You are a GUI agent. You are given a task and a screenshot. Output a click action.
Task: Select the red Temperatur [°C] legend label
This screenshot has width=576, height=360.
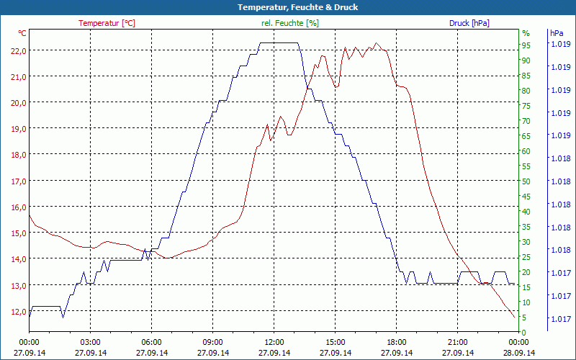tap(107, 23)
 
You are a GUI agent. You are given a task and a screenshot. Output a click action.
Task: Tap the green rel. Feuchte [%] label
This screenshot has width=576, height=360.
tap(289, 23)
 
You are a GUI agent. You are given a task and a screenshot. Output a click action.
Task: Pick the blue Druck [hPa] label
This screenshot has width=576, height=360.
tap(469, 23)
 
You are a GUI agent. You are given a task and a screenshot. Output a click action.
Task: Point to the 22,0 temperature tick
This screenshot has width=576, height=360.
tap(17, 50)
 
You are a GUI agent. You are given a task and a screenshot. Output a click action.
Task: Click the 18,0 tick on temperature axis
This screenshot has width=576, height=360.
tap(17, 155)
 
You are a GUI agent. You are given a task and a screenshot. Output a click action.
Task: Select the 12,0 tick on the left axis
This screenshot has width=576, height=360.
tap(17, 312)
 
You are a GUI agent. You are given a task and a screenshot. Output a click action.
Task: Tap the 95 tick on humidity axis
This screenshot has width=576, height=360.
tap(526, 45)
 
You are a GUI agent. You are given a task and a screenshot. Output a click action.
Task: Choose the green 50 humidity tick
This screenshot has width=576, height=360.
tap(526, 181)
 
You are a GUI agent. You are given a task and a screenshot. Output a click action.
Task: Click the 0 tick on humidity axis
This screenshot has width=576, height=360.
tap(524, 332)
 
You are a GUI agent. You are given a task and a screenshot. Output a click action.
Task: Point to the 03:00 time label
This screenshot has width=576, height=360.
tap(90, 342)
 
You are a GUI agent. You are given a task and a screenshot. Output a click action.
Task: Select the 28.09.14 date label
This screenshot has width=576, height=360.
tap(519, 353)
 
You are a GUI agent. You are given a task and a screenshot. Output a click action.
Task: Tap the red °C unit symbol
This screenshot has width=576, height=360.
tap(22, 33)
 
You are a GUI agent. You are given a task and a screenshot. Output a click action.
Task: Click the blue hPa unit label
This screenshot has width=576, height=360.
tap(557, 33)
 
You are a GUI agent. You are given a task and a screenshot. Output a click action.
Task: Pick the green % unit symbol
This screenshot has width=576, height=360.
tap(526, 33)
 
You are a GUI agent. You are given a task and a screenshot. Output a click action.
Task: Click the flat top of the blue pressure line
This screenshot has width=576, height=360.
tap(279, 43)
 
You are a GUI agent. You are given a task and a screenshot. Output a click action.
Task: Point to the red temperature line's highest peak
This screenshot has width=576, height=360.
tap(375, 43)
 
